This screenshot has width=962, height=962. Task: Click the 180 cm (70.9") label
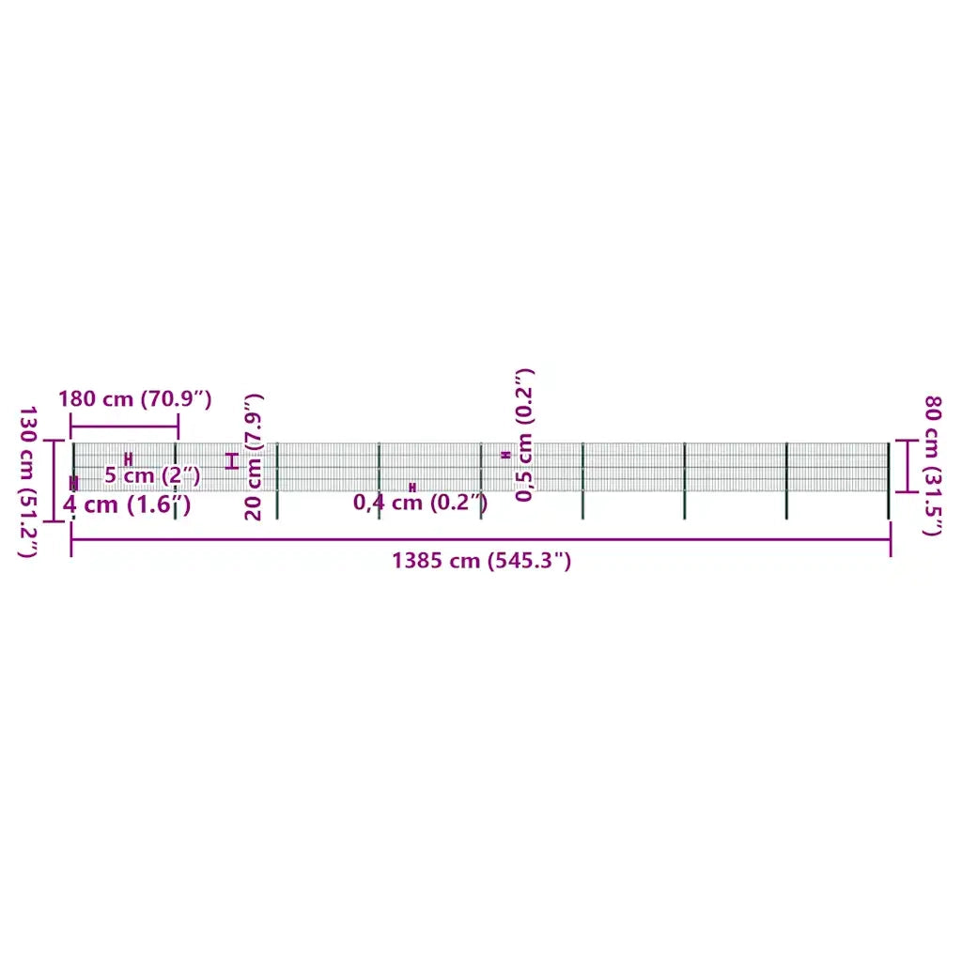point(135,399)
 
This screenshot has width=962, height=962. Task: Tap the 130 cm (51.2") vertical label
point(27,482)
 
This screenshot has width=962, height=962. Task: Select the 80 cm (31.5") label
point(932,466)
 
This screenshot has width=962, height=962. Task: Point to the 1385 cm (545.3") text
point(482,561)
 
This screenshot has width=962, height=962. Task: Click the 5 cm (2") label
point(152,474)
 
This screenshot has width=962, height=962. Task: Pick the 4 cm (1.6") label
point(127,504)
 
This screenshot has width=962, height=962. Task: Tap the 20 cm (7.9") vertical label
point(254,458)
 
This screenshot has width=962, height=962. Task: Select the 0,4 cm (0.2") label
point(420,503)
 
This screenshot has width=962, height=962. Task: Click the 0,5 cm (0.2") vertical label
point(524,435)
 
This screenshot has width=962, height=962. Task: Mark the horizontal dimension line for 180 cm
point(125,427)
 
